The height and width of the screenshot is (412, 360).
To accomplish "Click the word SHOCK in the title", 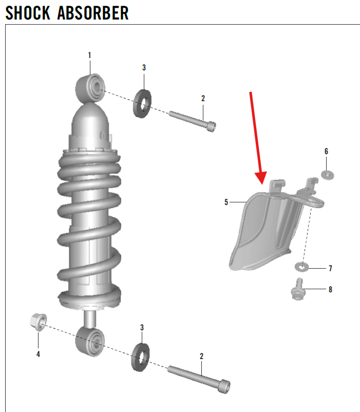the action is click(28, 13).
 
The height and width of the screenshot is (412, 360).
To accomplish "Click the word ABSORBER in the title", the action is click(93, 13).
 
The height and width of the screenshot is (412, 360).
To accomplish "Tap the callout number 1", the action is click(89, 55).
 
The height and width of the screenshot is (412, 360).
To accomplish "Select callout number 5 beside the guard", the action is click(226, 202).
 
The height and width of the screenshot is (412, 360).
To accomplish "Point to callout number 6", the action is click(326, 152).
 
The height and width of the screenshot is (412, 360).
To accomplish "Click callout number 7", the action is click(330, 268).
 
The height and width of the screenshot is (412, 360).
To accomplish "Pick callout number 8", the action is click(330, 289).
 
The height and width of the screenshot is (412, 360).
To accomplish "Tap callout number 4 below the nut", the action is click(38, 354).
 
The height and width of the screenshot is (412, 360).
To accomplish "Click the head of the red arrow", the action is click(261, 178).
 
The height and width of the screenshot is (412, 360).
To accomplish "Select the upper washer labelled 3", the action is click(142, 104).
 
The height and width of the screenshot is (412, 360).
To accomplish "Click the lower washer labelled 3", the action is click(141, 357).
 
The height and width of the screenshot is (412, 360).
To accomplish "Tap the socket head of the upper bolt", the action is click(211, 126).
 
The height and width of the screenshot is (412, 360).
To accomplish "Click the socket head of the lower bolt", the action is click(224, 386).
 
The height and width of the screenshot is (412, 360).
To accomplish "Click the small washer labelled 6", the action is click(328, 175).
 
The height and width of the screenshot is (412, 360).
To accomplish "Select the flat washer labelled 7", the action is click(301, 267).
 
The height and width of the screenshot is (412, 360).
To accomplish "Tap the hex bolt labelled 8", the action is click(298, 289).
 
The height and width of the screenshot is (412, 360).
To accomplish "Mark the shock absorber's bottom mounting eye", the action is click(90, 342).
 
